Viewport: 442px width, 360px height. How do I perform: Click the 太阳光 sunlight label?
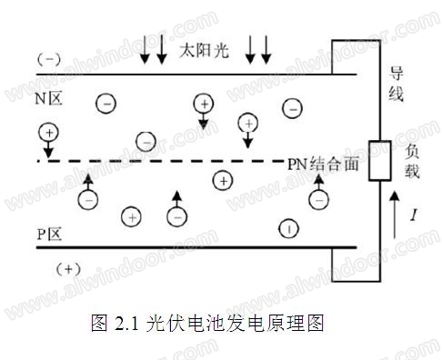point(204,50)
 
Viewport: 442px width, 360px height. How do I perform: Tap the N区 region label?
point(48,98)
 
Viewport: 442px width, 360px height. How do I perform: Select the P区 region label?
point(49,234)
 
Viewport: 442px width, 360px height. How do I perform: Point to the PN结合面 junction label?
point(323,164)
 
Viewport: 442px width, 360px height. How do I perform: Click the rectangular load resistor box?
point(379,161)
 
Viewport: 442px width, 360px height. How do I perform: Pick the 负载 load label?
point(412,160)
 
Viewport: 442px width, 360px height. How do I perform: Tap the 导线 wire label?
point(397,84)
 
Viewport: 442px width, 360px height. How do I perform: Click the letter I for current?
point(414,215)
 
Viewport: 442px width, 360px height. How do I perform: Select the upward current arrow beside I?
point(395,215)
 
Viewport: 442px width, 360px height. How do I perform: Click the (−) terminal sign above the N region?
point(49,59)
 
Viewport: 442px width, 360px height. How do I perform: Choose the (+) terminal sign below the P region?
point(68,269)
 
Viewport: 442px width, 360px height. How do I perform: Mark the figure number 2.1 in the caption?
point(126,323)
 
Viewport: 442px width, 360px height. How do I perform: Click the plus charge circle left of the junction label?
point(223,181)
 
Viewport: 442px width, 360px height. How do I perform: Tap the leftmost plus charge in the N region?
point(48,133)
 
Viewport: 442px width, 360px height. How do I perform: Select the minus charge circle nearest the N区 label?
point(105,104)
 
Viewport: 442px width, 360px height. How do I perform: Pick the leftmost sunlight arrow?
point(145,49)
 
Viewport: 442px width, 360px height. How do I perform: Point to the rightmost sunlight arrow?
point(266,49)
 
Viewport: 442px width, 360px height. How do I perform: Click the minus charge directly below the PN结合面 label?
point(318,200)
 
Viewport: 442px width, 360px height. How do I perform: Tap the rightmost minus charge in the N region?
point(292,108)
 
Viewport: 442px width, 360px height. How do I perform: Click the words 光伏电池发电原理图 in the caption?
point(235,323)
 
